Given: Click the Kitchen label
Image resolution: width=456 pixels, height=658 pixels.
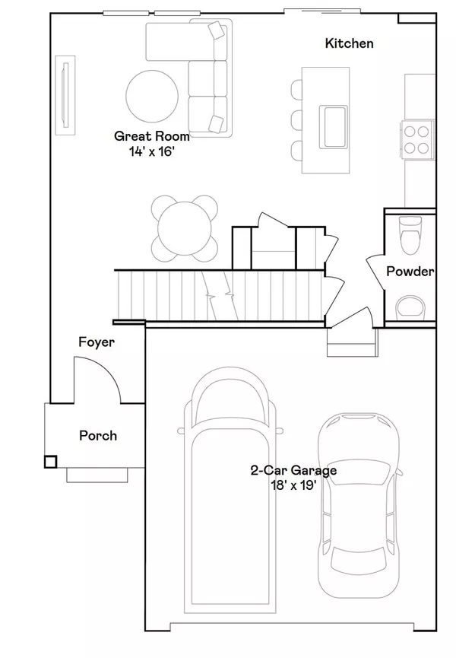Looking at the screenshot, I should [x=349, y=43].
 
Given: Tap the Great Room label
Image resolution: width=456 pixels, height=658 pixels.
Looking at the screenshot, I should [x=151, y=137].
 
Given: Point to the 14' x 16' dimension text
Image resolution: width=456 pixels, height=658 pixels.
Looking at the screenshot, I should [x=152, y=151].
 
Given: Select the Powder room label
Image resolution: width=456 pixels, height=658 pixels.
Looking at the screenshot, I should [x=410, y=272].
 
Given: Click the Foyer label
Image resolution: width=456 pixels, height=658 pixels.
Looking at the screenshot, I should [x=97, y=342].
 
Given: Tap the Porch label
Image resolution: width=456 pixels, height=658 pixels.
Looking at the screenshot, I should [x=98, y=435].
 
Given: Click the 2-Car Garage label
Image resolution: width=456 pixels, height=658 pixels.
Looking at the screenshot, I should [x=293, y=470].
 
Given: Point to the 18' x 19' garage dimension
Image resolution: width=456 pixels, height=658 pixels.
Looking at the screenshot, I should [x=293, y=484].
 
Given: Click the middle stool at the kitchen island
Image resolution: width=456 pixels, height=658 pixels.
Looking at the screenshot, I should [x=296, y=119].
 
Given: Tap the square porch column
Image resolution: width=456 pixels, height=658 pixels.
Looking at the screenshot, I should [x=51, y=461].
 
